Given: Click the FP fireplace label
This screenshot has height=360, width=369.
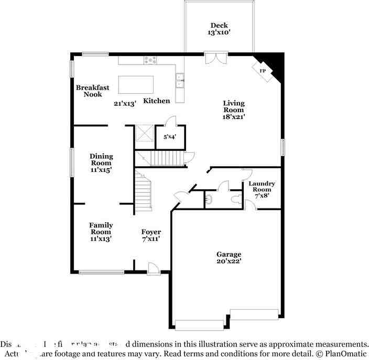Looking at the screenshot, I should pos(263,71).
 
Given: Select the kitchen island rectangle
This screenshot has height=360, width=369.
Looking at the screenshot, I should pos(136,84).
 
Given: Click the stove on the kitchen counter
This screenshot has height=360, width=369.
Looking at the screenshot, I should pos(150,60).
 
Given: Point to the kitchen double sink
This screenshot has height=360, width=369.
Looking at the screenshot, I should pos(180,80).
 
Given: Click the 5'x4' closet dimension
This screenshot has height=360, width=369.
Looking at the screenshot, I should pos(170,137).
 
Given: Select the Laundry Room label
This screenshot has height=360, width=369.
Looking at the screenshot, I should pos(262,186).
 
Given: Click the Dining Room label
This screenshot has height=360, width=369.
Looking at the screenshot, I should pos(101,159).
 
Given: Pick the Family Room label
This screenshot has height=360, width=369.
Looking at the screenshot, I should pos(101,228).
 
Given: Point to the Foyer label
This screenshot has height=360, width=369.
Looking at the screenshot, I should pos(151,232).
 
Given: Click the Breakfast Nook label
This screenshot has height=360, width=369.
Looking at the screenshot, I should pos(92,91).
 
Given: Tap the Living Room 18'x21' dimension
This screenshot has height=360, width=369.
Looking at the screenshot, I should pos(233,117).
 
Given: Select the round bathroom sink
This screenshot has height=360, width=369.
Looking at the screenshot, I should pos(209,199).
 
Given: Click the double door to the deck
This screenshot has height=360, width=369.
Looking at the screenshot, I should pos(215,58).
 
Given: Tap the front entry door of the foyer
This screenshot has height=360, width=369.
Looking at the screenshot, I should pos(154,269).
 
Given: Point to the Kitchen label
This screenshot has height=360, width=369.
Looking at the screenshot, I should pos(157,101).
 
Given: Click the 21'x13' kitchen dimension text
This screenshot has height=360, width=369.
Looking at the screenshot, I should pos(125,103).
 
